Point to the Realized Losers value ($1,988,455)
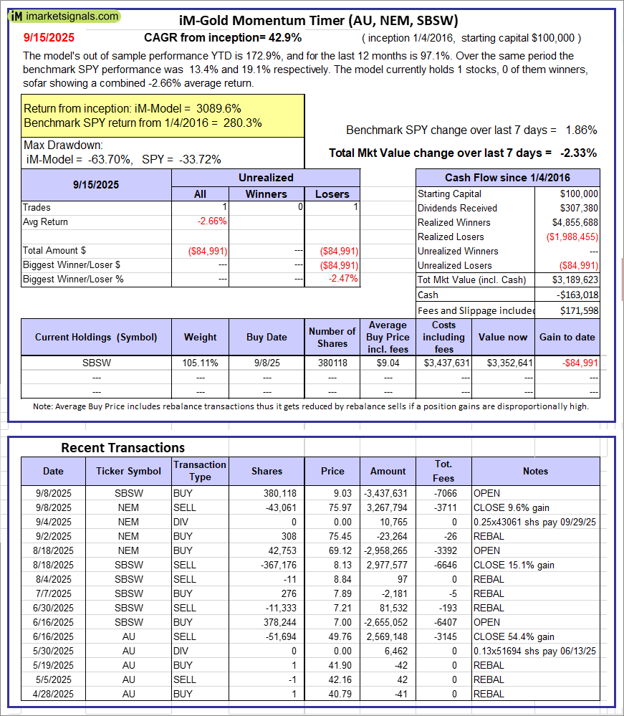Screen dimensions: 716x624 [x=572, y=237]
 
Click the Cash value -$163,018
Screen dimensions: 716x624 [x=577, y=295]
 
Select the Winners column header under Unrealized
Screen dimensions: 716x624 [x=266, y=194]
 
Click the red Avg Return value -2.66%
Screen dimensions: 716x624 [x=211, y=221]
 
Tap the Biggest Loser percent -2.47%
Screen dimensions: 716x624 [x=343, y=279]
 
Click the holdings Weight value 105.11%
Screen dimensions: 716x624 [x=200, y=363]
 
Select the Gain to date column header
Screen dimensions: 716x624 [x=568, y=337]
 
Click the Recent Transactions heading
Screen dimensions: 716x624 [x=123, y=448]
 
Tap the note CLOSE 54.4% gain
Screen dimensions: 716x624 [x=513, y=636]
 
